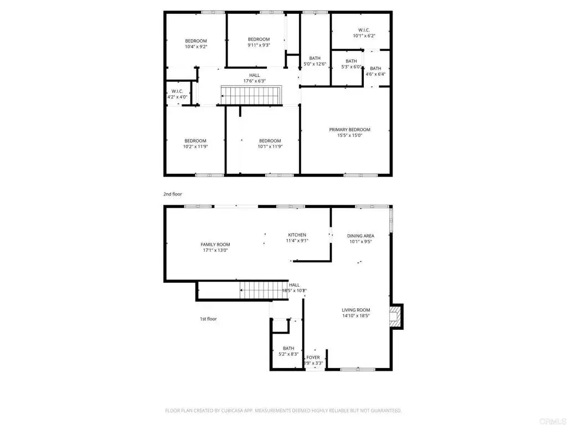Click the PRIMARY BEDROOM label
click(x=349, y=130)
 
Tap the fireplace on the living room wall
click(x=395, y=317)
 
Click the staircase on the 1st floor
click(x=264, y=290)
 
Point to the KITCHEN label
click(x=297, y=235)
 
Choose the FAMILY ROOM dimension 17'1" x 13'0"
click(x=215, y=250)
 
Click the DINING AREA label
click(x=360, y=236)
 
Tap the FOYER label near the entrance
click(x=313, y=357)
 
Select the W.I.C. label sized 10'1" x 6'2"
click(x=364, y=30)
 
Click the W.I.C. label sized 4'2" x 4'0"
click(x=177, y=91)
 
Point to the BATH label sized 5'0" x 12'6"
click(x=315, y=58)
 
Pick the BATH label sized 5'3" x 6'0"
click(x=351, y=61)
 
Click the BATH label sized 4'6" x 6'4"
click(x=375, y=69)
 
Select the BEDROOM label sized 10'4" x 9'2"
click(x=195, y=41)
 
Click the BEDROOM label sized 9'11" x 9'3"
click(x=259, y=39)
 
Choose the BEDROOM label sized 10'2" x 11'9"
click(x=195, y=141)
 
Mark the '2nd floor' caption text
click(x=172, y=194)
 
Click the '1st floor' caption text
click(x=208, y=319)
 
